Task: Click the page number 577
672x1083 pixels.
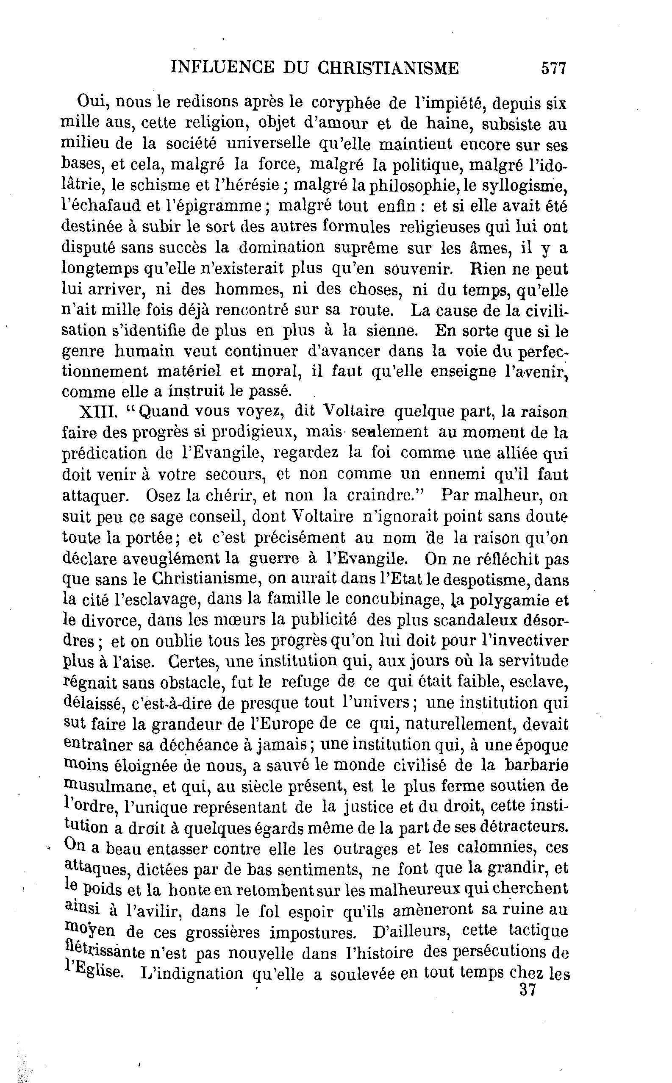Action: tap(553, 69)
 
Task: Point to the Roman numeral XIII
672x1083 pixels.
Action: tap(98, 411)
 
